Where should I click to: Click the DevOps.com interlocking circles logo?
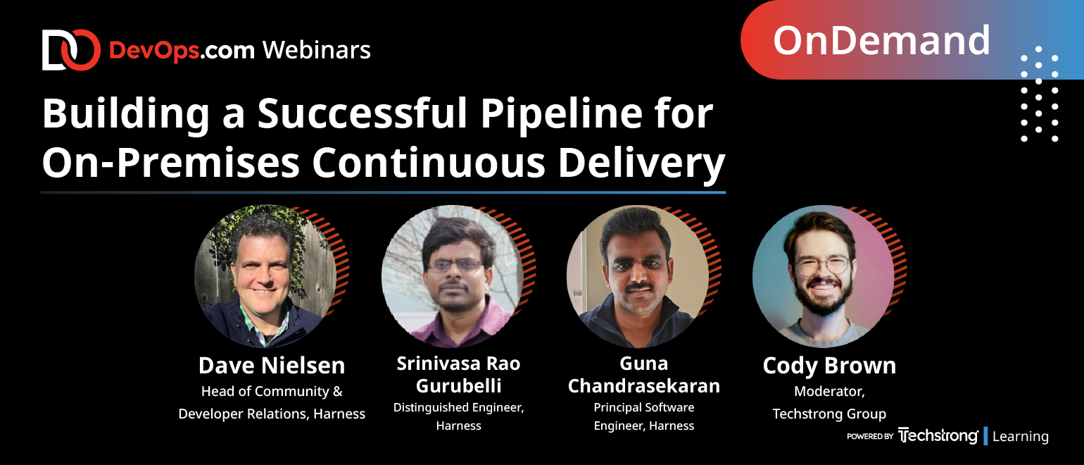coord(71,50)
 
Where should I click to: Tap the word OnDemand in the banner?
coord(882,41)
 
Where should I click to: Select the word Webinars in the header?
coord(317,50)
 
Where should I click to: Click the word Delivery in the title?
coord(642,164)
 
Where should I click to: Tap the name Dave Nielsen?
coord(272,365)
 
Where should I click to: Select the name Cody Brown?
coord(829,366)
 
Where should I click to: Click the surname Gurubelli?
coord(459,386)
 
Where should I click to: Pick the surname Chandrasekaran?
coord(643,386)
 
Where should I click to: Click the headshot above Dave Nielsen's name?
coord(265,276)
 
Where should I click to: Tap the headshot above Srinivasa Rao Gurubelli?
coord(453,276)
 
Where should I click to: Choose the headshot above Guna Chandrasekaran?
coord(638,276)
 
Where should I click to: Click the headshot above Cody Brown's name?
coord(823,276)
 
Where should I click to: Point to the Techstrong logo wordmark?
coord(938,435)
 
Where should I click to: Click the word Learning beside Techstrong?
coord(1020,436)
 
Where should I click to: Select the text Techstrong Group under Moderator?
coord(829,414)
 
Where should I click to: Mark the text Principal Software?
coord(643,408)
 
